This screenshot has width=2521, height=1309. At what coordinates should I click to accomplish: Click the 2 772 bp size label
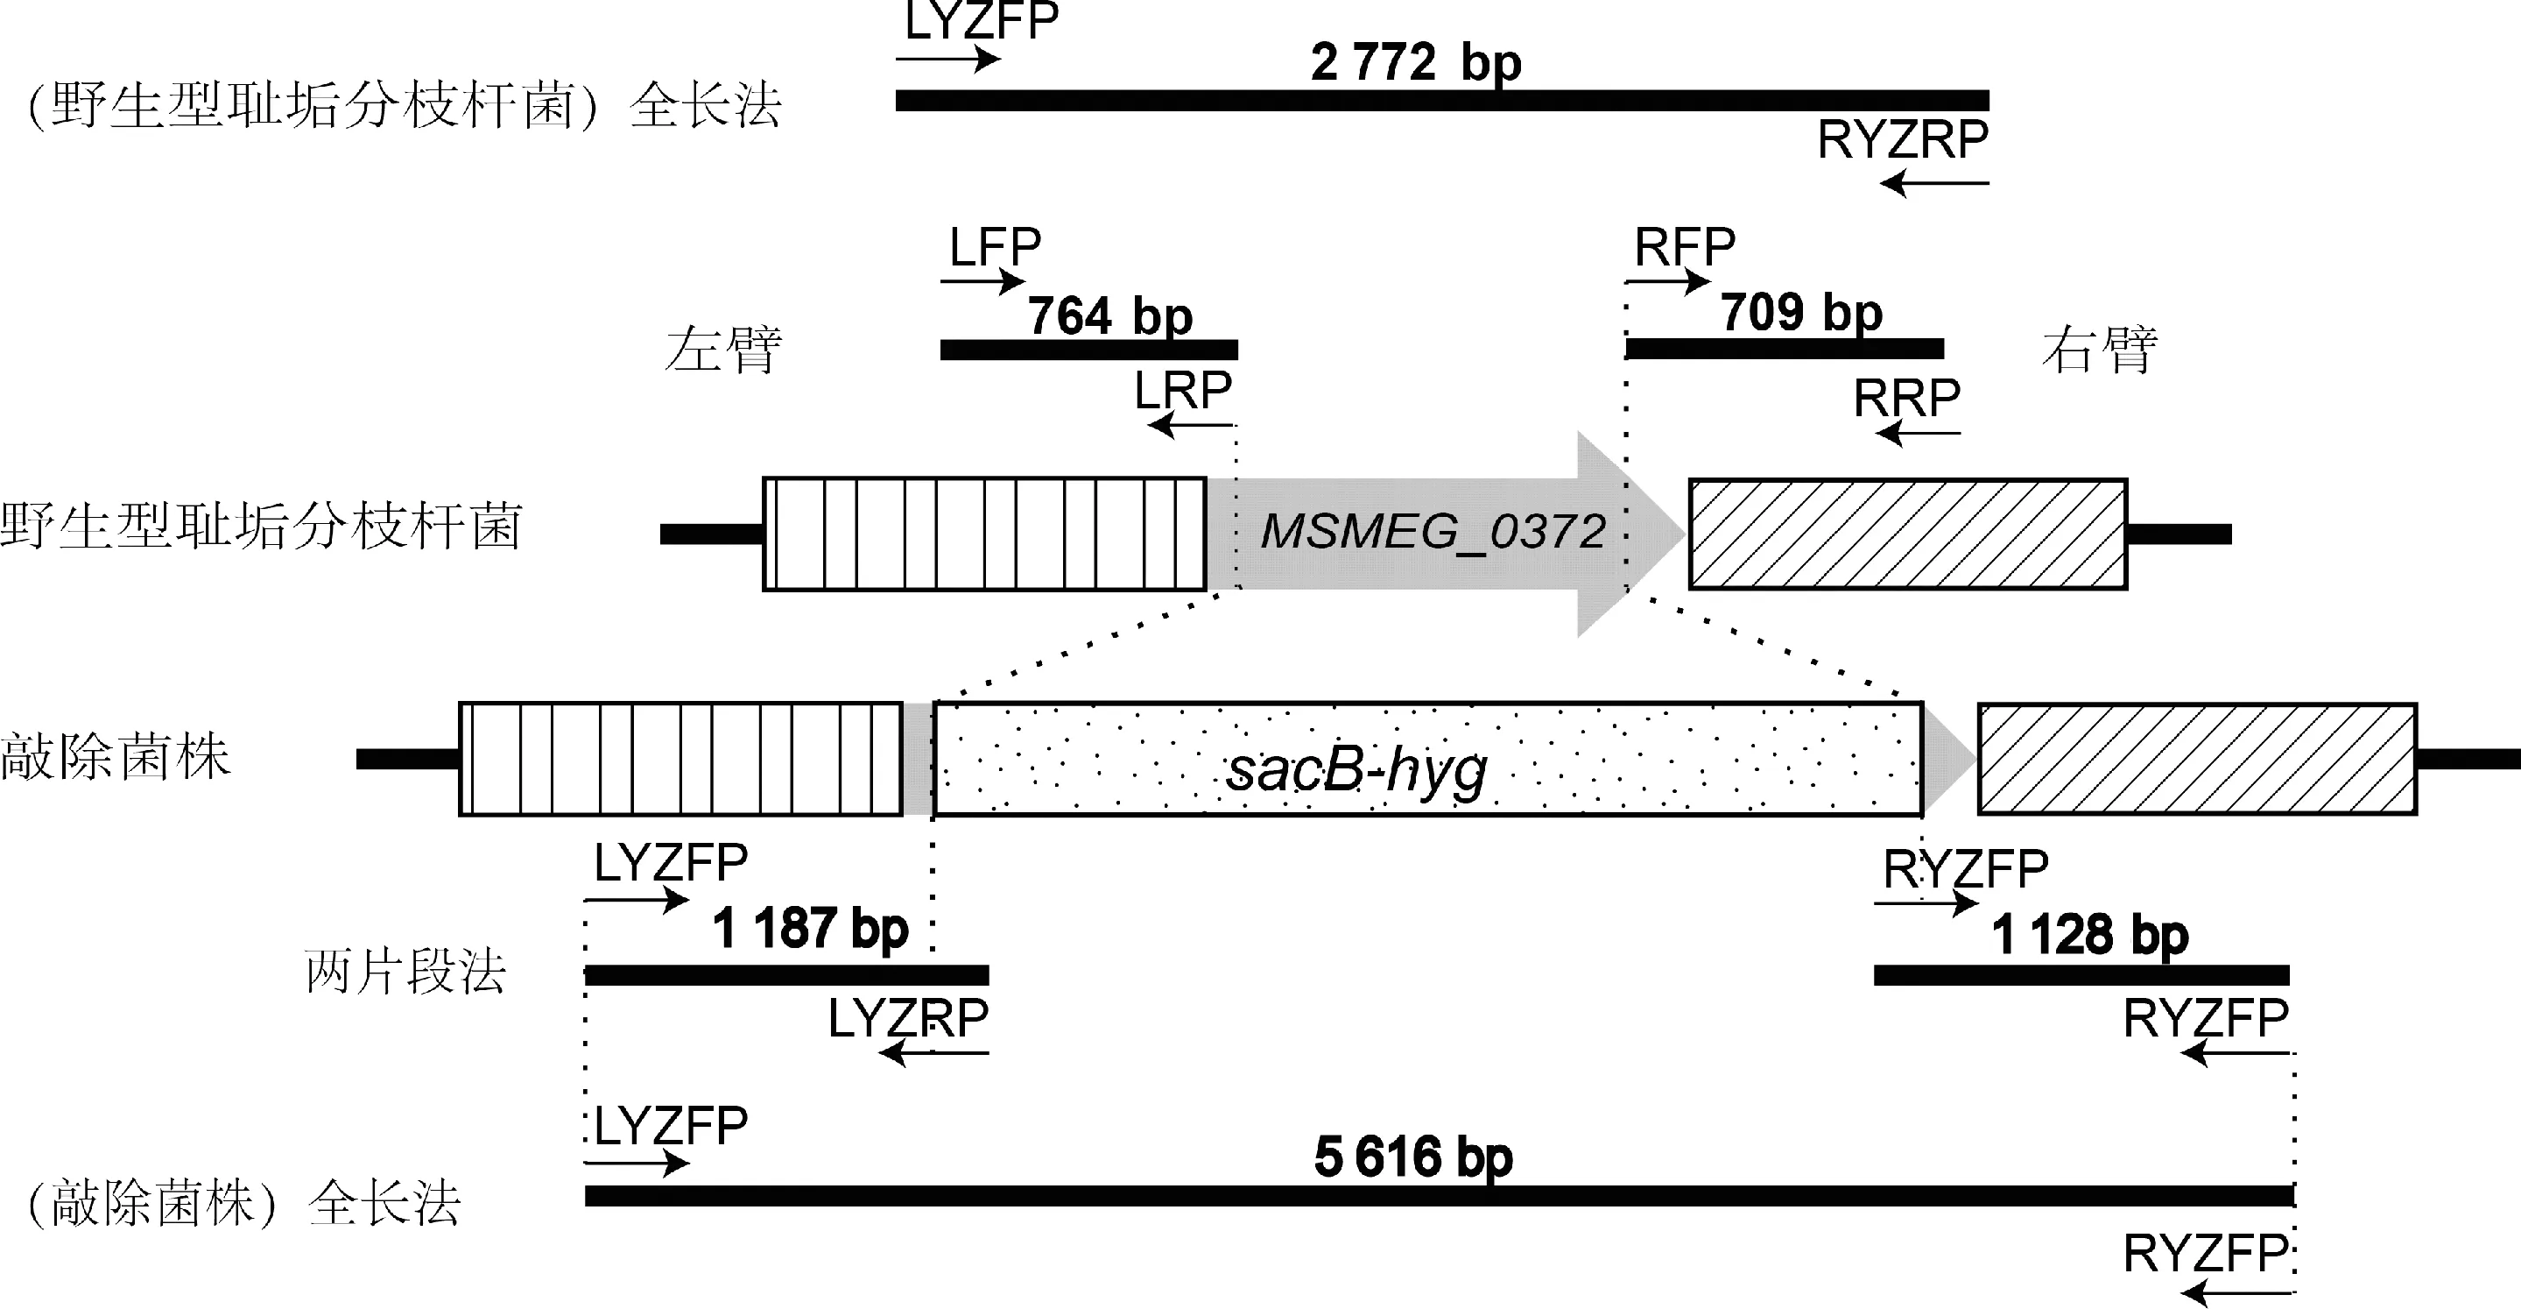point(1415,63)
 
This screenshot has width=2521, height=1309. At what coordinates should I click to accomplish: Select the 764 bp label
point(1109,316)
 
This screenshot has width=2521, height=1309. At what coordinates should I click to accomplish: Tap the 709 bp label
point(1800,312)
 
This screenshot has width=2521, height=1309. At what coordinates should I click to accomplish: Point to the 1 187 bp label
point(810,928)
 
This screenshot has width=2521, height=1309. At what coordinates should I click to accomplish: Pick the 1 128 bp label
point(2090,934)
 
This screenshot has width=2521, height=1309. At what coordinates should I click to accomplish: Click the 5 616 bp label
point(1413,1157)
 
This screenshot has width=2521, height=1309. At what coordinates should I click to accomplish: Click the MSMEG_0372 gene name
point(1433,532)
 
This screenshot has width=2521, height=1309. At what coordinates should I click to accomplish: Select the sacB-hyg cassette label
point(1356,769)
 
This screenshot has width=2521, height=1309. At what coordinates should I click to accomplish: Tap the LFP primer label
point(995,247)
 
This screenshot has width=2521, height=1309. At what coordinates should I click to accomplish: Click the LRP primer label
point(1182,392)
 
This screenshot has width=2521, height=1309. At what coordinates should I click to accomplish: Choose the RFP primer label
point(1684,247)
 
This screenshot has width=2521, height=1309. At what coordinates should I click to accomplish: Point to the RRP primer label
point(1906,399)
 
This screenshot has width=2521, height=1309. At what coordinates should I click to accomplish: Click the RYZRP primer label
point(1903,140)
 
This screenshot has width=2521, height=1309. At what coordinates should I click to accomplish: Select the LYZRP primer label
point(908,1019)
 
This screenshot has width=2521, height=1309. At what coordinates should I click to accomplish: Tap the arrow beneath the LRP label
point(1190,425)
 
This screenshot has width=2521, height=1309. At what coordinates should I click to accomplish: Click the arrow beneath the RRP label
point(1919,433)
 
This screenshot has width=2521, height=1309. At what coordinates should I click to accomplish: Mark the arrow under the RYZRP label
point(1933,183)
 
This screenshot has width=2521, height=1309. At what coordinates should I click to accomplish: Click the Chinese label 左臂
point(723,350)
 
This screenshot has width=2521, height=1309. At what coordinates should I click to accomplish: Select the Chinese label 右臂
point(2100,350)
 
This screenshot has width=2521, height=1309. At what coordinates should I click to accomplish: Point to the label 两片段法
point(405,973)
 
